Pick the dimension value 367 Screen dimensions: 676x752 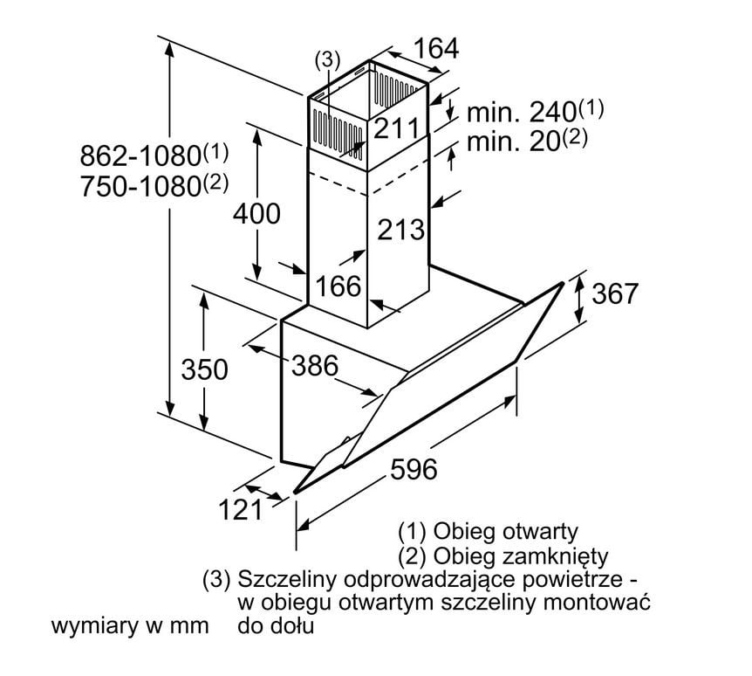(615, 294)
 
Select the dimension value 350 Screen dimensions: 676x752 (204, 369)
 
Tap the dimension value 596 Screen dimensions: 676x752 (412, 469)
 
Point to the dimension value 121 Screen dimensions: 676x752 (239, 510)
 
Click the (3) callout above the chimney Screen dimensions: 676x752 (326, 59)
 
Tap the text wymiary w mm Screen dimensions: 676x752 (130, 626)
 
